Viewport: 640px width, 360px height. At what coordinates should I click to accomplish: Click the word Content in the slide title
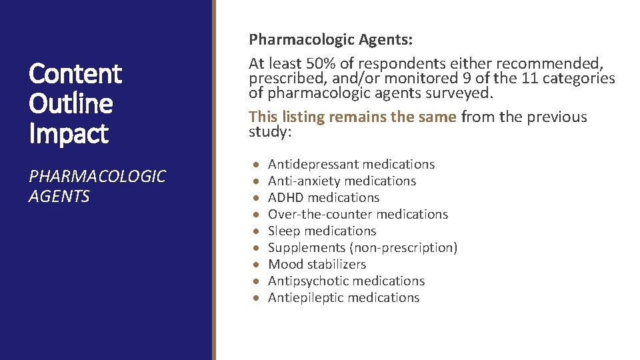tap(75, 74)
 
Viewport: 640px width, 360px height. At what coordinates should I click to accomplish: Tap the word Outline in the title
tap(71, 104)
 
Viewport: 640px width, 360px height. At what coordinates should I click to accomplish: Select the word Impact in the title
tap(68, 134)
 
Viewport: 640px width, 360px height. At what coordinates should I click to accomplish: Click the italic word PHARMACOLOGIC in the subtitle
tap(97, 177)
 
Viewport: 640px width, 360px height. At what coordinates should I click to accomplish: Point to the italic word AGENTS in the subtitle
tap(59, 197)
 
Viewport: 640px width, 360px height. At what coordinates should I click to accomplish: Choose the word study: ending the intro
tap(271, 131)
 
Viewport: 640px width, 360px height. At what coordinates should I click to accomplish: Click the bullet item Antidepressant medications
tap(351, 164)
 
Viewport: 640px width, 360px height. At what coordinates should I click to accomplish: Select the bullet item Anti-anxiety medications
tap(342, 181)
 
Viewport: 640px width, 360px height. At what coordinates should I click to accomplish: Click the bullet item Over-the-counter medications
tap(358, 214)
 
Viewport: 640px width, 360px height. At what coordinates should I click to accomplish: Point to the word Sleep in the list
tap(283, 231)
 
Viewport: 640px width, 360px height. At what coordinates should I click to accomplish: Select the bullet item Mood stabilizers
tap(317, 264)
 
